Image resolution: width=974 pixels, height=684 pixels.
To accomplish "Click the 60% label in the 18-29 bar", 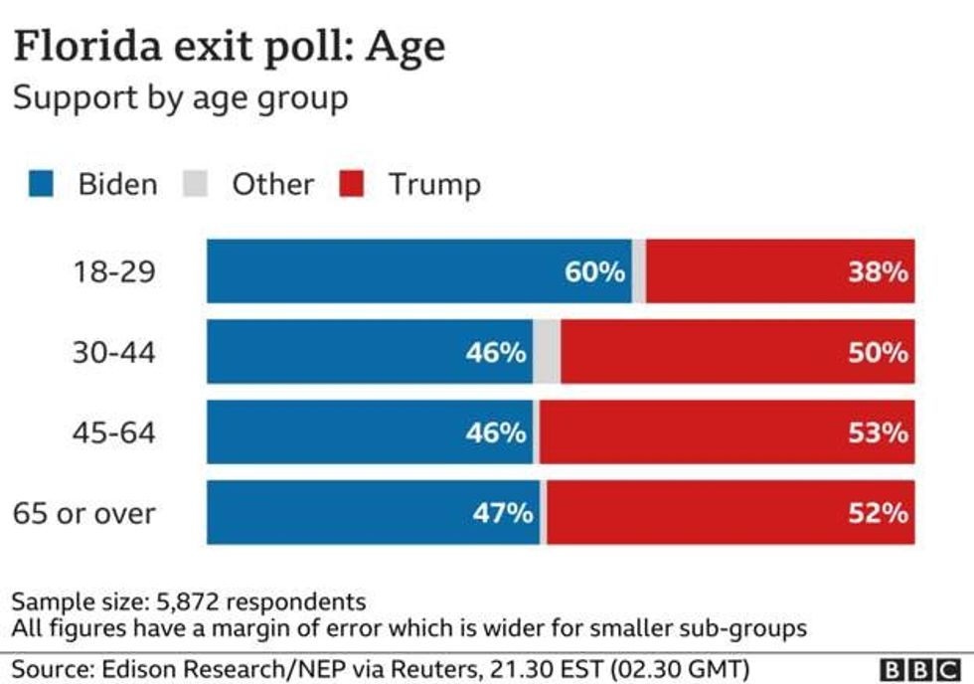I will (594, 271).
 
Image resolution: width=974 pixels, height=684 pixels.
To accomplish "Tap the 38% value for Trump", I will (878, 271).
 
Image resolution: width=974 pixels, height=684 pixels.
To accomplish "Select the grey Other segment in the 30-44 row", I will (547, 352).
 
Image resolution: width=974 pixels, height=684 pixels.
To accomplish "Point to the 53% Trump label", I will (878, 432).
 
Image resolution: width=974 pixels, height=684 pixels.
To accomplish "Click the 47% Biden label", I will (502, 513).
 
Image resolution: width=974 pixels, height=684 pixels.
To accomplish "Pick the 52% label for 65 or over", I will (878, 513).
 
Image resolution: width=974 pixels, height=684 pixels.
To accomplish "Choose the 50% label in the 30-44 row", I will (878, 352).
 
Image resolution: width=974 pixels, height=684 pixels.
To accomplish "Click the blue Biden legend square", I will (41, 184).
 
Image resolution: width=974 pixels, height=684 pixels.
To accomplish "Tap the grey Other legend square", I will (195, 184).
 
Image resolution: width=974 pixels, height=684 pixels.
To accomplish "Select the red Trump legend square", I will (352, 184).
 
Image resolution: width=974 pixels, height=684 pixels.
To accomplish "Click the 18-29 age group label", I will (113, 271).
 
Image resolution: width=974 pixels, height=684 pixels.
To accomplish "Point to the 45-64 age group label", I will (113, 432).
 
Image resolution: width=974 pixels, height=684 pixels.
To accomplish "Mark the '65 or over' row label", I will (84, 513).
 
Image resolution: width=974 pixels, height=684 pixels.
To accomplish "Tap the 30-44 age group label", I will (113, 352).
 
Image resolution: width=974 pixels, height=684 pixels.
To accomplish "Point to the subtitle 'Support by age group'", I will (180, 99).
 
